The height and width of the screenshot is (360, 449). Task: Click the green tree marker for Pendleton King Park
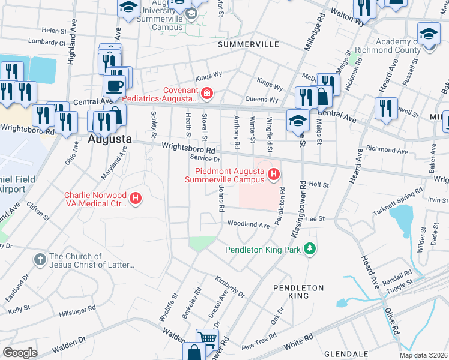point(310,248)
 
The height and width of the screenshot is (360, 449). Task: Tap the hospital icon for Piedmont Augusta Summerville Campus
point(274,175)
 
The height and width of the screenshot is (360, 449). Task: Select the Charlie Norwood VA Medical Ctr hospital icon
point(136,199)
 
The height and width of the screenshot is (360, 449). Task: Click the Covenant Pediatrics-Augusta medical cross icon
point(207,94)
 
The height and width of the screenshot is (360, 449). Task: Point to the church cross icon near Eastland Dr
point(40,260)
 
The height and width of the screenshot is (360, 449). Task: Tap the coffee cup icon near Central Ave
point(114,85)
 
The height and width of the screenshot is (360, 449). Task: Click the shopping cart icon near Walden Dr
point(207,339)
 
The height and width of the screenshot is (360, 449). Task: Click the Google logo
point(19,353)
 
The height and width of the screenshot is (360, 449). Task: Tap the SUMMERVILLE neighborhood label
point(248,45)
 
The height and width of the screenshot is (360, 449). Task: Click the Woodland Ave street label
point(249,224)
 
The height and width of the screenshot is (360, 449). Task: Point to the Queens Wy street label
point(262,99)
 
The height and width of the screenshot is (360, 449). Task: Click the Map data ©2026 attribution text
point(423,355)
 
